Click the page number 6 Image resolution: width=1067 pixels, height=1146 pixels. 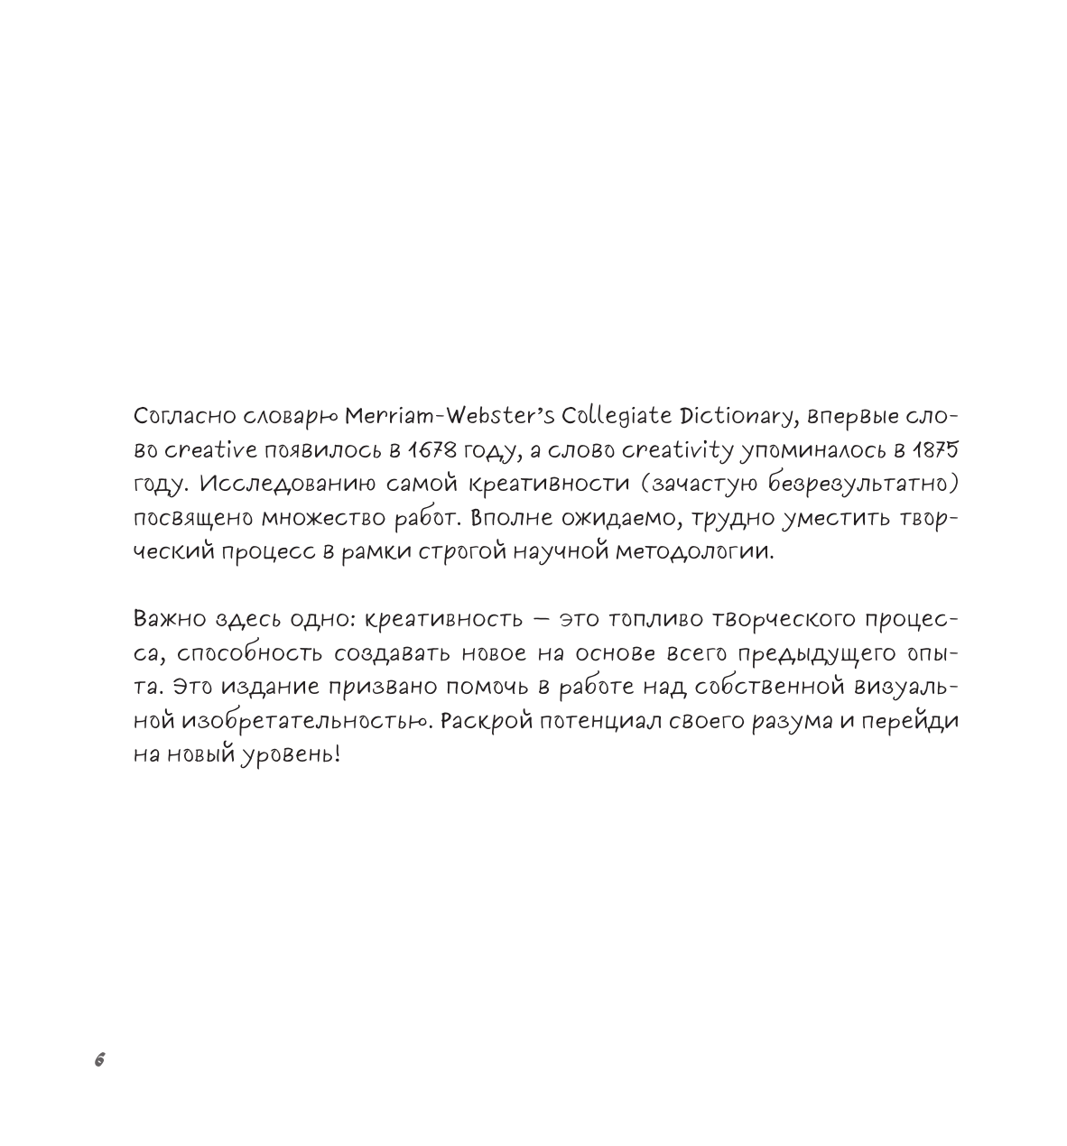(x=99, y=1060)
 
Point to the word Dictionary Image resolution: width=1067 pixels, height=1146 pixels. (x=738, y=418)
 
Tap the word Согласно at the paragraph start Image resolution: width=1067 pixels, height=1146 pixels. (x=181, y=418)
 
